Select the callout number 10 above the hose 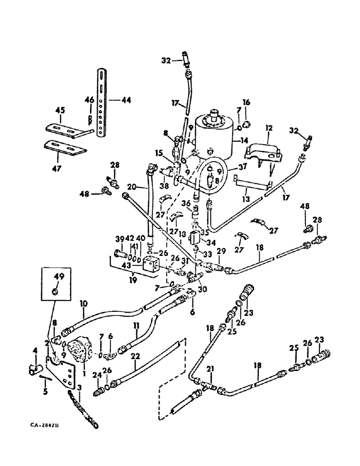pos(83,304)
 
